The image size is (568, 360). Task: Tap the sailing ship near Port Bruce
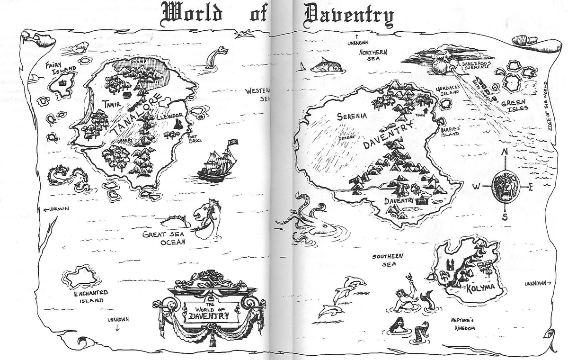tap(218, 161)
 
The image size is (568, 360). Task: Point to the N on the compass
tap(505, 152)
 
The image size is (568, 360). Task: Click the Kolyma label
tap(480, 288)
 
